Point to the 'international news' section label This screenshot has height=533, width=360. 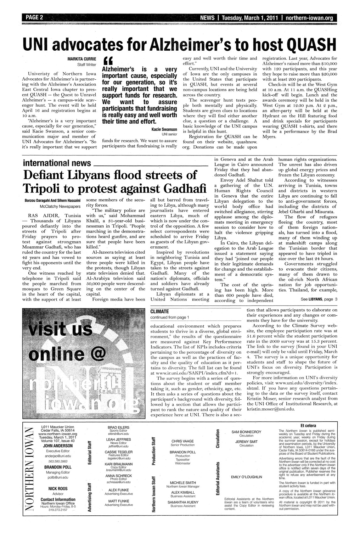point(57,163)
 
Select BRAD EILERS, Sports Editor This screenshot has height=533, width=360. point(116,428)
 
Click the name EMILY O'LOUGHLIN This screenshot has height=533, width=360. point(246,477)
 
